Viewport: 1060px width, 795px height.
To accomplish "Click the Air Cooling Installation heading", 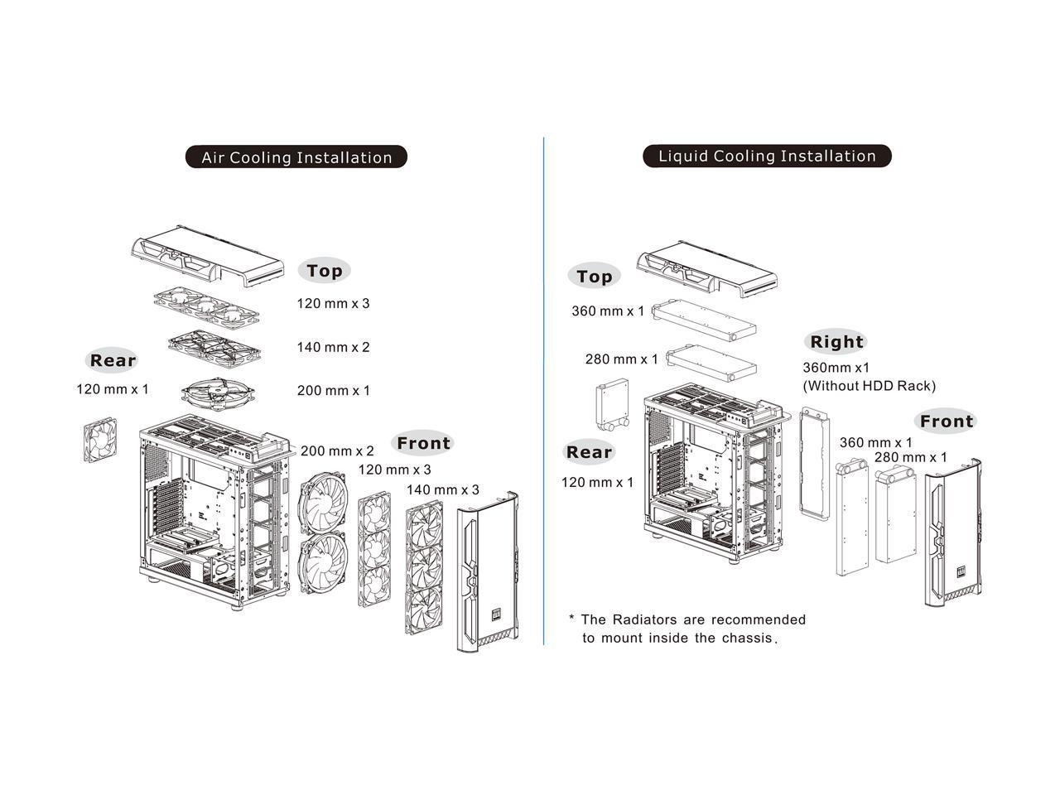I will click(x=296, y=157).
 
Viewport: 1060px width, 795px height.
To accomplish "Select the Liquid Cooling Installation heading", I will click(x=767, y=156).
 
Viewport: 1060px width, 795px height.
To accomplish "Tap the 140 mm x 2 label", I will click(x=333, y=347).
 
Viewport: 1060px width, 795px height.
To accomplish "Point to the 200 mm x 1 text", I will click(x=333, y=390).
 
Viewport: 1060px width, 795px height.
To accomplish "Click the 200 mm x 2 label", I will click(x=337, y=451).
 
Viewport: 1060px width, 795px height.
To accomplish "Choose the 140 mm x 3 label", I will click(x=442, y=489).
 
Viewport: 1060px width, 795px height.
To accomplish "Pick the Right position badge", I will click(x=836, y=342).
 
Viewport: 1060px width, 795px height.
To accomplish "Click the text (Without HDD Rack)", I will click(x=869, y=386).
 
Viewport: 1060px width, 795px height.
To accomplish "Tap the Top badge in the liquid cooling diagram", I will click(x=594, y=277).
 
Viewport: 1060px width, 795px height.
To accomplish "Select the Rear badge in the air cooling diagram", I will click(x=113, y=360).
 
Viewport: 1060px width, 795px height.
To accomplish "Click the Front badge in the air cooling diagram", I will click(x=423, y=443).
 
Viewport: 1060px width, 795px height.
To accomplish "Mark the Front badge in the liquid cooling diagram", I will click(x=947, y=422).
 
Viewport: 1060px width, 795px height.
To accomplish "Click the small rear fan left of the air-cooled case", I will click(x=99, y=441).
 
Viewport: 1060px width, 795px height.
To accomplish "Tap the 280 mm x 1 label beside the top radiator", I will click(x=621, y=359).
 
